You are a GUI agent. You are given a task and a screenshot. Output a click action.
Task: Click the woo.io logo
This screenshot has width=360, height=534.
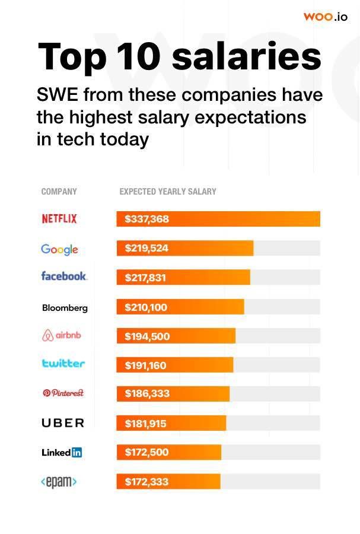[325, 17]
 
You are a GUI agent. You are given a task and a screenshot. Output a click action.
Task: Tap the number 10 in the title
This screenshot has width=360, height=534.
[139, 56]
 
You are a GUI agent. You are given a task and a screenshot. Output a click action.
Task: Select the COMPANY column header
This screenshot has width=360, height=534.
[59, 192]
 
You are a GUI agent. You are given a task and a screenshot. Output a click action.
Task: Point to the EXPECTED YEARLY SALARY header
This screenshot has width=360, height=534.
[168, 192]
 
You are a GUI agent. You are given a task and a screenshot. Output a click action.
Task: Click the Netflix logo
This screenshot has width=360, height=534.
[59, 218]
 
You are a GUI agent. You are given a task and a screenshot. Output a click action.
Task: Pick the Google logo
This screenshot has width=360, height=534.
[59, 249]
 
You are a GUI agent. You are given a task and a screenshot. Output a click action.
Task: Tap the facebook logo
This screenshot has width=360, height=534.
[64, 276]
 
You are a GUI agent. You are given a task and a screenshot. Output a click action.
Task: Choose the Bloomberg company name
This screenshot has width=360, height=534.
[65, 308]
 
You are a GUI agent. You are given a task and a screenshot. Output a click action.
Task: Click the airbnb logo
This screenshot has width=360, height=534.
[62, 335]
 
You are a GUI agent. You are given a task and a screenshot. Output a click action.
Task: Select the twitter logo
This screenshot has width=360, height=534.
[63, 363]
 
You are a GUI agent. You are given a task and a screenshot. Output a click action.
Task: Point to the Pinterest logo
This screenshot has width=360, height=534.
[63, 393]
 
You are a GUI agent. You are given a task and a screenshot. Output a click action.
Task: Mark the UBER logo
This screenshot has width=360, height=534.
[63, 423]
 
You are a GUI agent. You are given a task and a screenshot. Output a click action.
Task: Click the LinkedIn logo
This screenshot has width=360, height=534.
[62, 452]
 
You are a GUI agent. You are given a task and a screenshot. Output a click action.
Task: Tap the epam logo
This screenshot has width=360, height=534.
[59, 482]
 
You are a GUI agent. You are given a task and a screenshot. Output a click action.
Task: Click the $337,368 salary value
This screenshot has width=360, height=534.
[146, 219]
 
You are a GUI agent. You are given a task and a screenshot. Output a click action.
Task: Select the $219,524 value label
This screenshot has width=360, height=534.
[146, 248]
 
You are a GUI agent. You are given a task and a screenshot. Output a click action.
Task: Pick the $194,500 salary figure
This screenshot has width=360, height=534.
[147, 336]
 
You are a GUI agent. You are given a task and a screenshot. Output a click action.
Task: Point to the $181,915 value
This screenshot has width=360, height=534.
[145, 424]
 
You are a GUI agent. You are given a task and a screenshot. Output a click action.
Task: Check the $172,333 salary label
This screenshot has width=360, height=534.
[146, 482]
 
